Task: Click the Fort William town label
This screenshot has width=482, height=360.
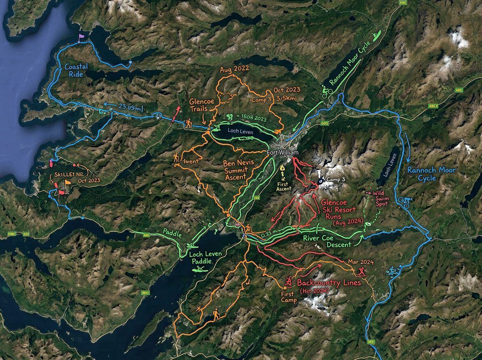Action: pyautogui.click(x=284, y=153)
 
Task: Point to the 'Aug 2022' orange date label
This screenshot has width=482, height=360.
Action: pyautogui.click(x=234, y=69)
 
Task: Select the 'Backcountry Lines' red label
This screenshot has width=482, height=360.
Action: pyautogui.click(x=329, y=282)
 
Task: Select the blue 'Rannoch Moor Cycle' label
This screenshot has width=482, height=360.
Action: pyautogui.click(x=431, y=174)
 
